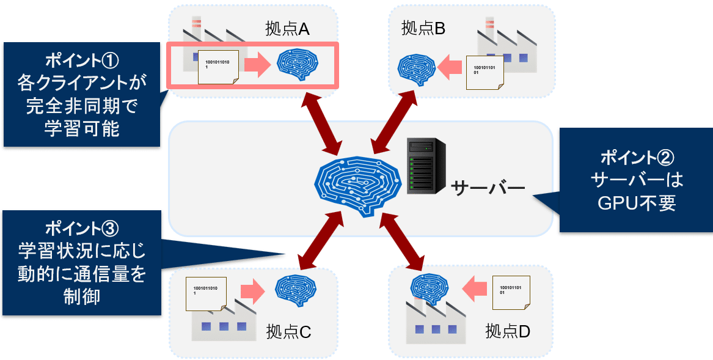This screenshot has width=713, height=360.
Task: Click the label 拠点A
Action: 288,28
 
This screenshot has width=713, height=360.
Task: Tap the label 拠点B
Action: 423,28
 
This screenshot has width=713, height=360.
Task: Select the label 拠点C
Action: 289,332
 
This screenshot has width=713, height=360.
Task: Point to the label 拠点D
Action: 508,332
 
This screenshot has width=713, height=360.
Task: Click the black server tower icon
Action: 426,166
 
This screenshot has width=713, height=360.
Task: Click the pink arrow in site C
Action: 251,291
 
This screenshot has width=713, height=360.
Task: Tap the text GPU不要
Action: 637,202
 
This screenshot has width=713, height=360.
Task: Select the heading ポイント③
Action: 81,229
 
